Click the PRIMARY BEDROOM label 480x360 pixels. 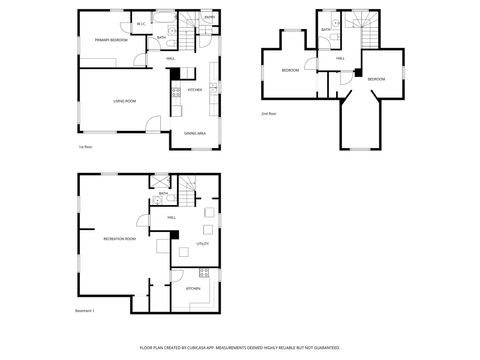(110, 40)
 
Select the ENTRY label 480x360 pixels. (209, 18)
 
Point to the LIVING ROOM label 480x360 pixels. (124, 101)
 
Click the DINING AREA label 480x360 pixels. (195, 133)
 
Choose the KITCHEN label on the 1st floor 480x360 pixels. (195, 90)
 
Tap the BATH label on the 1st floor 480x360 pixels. (162, 38)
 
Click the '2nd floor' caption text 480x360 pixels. (268, 114)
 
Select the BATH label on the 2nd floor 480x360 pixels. (326, 30)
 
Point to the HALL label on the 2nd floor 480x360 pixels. (341, 59)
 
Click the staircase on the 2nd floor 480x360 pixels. (369, 32)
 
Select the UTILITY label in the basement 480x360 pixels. (202, 243)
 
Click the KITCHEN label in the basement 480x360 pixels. (194, 289)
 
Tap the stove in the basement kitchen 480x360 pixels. (203, 272)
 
